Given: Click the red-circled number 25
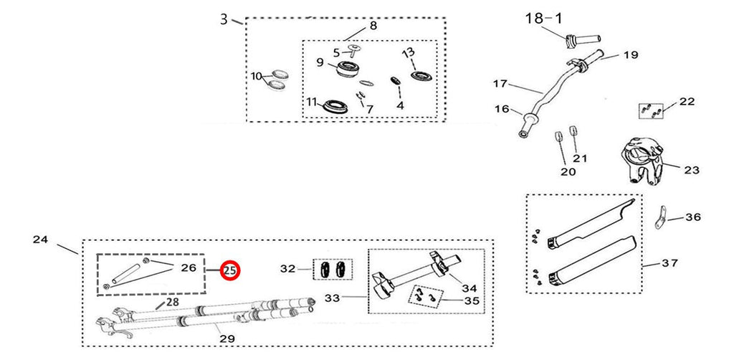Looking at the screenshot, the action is click(230, 270).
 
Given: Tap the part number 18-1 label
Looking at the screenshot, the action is click(543, 18).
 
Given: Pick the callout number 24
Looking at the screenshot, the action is click(40, 240).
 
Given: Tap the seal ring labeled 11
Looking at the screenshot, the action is click(334, 107).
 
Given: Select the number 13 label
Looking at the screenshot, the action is click(408, 52).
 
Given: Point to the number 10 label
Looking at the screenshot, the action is click(257, 76).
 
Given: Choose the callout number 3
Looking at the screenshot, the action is click(224, 19).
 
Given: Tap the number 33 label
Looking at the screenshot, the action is click(332, 298).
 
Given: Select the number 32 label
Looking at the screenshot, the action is click(288, 269).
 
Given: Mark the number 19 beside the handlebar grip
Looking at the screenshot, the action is click(631, 55).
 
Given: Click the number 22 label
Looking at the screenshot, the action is click(687, 102).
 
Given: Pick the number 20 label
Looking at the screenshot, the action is click(568, 172).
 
